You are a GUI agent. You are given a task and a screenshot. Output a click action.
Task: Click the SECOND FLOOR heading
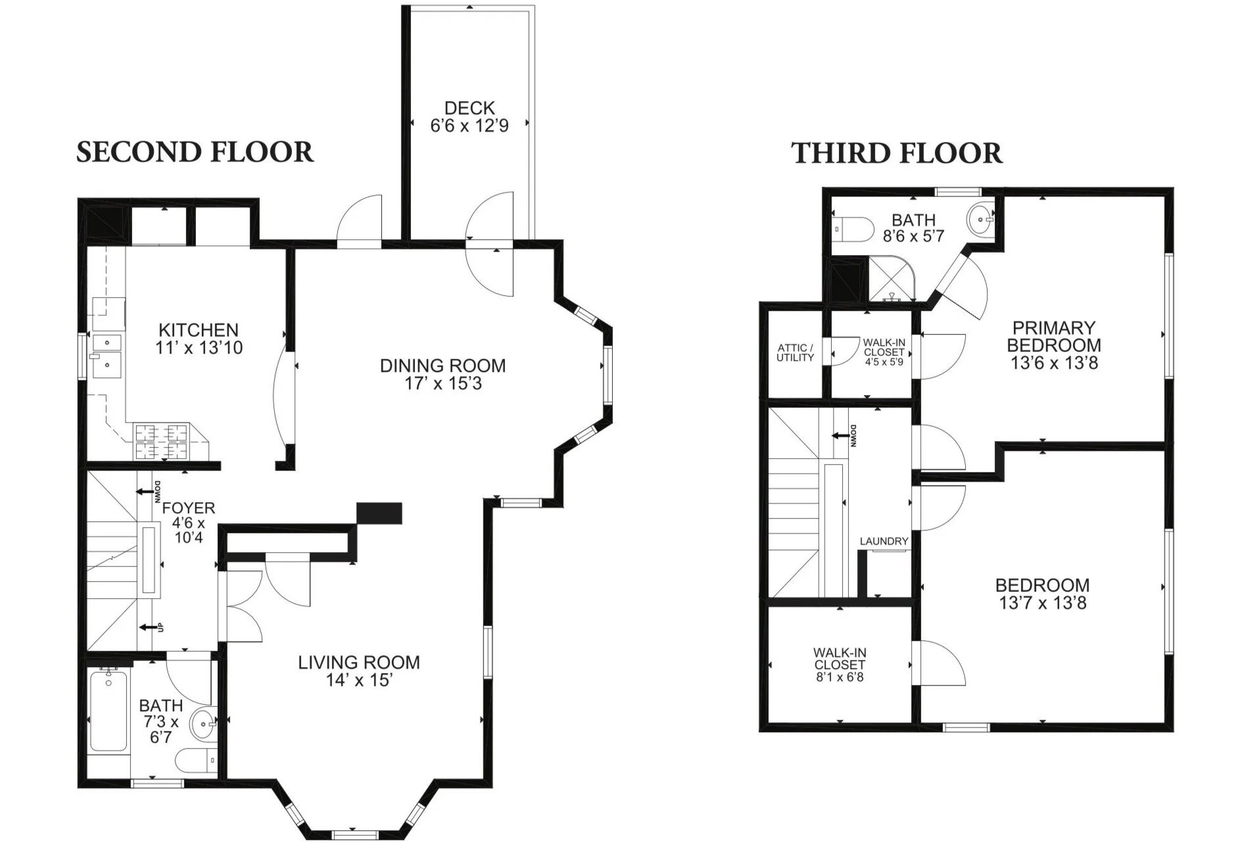[195, 152]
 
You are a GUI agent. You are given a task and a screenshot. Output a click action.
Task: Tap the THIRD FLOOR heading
[896, 153]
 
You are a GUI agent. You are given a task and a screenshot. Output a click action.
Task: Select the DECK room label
[469, 108]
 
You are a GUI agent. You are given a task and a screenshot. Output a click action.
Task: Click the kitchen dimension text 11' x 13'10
[199, 348]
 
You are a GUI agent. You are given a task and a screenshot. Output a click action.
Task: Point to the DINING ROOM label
[443, 365]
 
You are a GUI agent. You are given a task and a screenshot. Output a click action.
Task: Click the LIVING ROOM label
[358, 662]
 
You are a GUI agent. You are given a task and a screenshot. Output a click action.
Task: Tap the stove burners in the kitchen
[162, 442]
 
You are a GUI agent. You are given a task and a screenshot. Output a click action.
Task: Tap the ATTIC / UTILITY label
[795, 352]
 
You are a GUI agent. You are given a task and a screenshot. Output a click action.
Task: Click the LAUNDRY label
[884, 541]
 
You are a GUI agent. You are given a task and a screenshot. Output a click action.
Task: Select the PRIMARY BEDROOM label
[1053, 336]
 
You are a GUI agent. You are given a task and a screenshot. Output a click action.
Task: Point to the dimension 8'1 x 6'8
[840, 677]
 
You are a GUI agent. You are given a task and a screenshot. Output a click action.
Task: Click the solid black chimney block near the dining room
[379, 513]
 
